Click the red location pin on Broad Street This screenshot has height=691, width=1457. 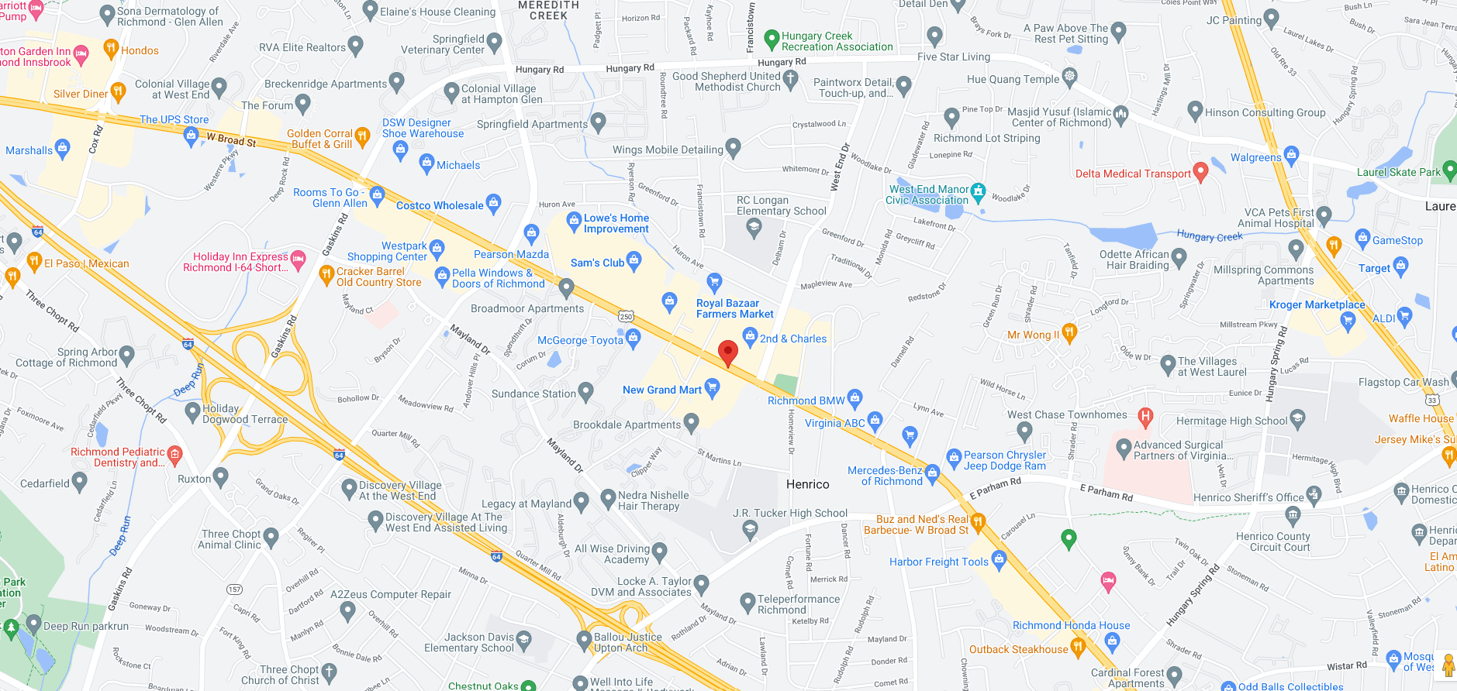coord(727,352)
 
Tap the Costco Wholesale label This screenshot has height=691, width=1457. coord(440,205)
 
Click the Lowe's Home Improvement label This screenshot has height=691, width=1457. coord(616,223)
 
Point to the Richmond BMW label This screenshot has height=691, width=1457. coord(806,401)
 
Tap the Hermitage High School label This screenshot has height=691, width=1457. coord(1231,421)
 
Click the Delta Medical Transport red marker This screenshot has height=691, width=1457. coord(1200,172)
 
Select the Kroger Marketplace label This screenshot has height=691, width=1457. coord(1317,304)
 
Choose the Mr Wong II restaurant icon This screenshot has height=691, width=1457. coord(1069,333)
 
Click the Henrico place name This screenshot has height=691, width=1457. coord(807,484)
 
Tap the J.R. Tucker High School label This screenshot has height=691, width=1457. coord(790,513)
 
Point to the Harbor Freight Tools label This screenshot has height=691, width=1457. coord(939,562)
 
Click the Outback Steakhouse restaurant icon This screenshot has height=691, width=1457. coord(1077,646)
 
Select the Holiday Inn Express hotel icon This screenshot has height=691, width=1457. coord(298,257)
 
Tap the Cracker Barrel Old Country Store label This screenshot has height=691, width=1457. coord(379,277)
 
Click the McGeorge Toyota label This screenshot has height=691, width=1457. coord(580,340)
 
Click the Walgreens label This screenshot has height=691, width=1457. coord(1256,157)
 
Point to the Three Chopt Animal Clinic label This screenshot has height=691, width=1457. coord(230,539)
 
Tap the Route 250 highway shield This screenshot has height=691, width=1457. coord(626,316)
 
